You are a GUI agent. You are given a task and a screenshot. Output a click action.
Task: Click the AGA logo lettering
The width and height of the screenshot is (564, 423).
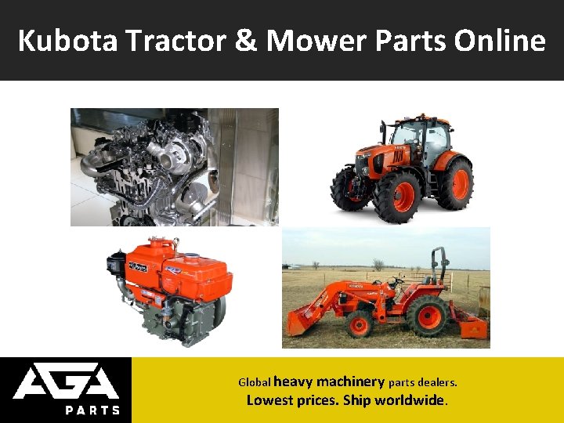coord(66,383)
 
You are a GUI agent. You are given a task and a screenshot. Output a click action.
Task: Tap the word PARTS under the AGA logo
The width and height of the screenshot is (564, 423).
coord(92,410)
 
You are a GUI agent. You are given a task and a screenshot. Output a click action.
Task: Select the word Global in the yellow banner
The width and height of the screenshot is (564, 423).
coord(254,383)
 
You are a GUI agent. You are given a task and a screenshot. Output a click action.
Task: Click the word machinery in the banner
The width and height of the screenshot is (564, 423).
coord(350,382)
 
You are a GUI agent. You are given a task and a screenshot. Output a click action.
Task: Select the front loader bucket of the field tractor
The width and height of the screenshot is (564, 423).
coord(306,322)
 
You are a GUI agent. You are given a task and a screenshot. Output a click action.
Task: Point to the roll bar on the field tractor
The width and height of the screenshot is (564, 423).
coord(439,266)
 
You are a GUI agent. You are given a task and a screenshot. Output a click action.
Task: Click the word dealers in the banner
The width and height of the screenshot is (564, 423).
coord(436,383)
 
